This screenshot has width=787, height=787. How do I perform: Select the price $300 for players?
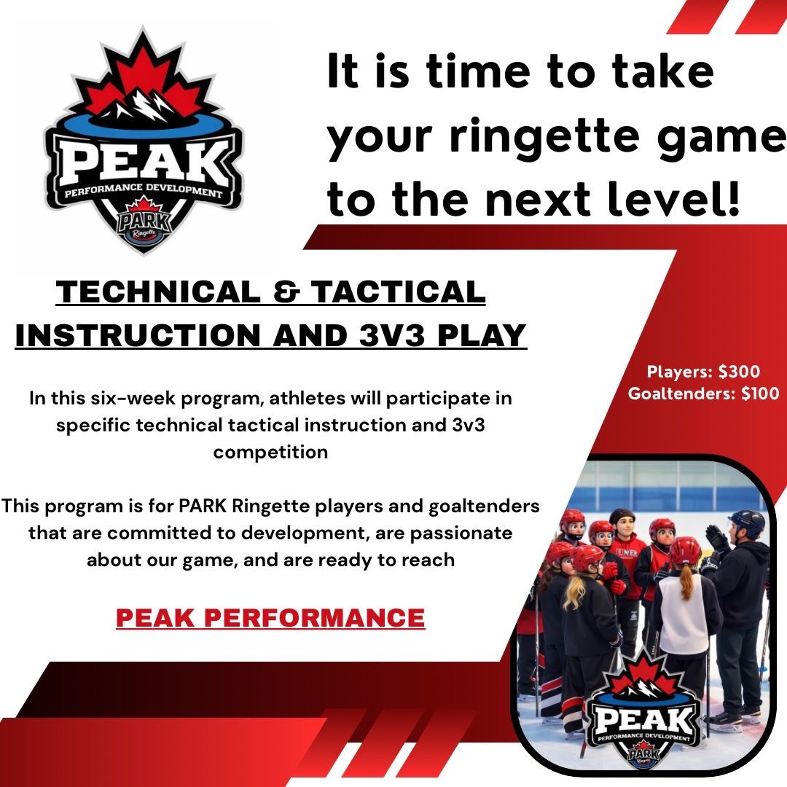(x=739, y=372)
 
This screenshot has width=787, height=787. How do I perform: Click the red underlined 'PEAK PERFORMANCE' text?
(x=270, y=617)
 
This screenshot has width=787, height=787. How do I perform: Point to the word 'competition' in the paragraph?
(x=270, y=453)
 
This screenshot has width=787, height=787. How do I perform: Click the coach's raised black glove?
(x=717, y=539)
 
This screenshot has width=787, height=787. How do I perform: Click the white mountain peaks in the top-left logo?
(x=142, y=105)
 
